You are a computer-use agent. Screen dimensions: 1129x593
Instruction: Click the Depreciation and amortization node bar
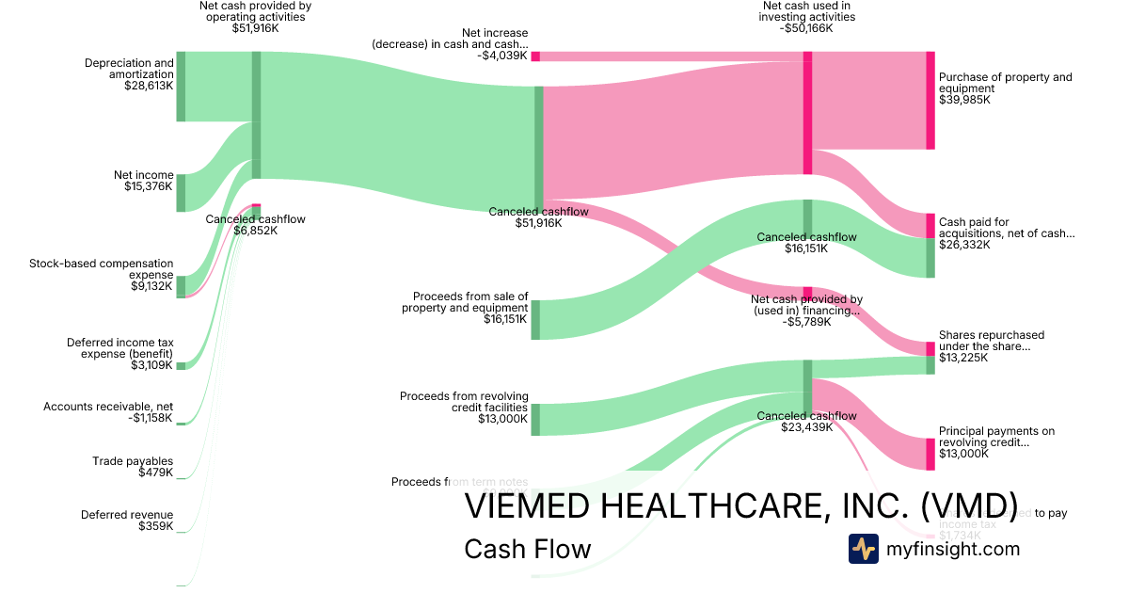181,87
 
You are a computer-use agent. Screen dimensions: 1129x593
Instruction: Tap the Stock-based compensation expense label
102,269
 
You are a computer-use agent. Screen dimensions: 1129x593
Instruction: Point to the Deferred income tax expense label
120,348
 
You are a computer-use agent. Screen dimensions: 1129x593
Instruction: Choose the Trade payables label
133,461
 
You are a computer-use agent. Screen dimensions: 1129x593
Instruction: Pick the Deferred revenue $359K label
127,521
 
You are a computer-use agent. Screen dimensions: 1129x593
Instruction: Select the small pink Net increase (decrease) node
535,56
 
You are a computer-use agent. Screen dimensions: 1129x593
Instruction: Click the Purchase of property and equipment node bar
930,100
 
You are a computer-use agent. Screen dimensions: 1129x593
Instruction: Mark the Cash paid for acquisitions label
1006,228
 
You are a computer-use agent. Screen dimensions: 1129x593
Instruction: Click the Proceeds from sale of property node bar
535,320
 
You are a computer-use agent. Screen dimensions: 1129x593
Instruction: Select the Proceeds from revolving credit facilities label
464,402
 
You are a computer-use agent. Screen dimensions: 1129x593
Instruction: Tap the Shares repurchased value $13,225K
964,358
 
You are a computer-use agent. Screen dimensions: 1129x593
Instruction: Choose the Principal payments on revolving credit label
996,437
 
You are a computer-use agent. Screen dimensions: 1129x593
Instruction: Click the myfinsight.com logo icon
863,549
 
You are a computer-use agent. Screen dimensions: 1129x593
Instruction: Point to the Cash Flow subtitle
528,549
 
